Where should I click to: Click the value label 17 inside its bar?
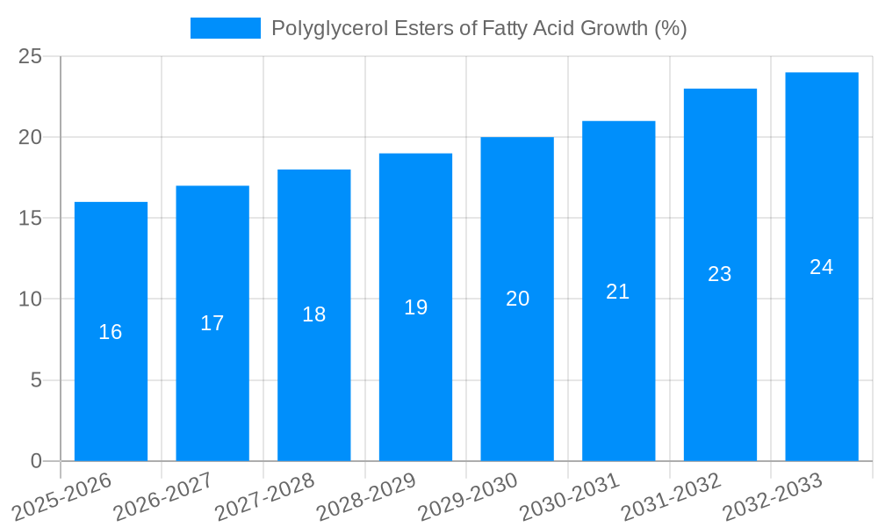[x=212, y=323]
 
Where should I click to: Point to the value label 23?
[x=720, y=274]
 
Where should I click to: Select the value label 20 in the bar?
[x=518, y=299]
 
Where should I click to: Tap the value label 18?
[x=314, y=314]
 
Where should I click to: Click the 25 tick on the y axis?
[x=30, y=56]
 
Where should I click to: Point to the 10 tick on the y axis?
[x=30, y=300]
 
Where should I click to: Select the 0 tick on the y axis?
[x=36, y=461]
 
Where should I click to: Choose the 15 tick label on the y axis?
[x=30, y=218]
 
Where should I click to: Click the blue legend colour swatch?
[x=226, y=28]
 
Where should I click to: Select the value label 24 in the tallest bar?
[x=822, y=267]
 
